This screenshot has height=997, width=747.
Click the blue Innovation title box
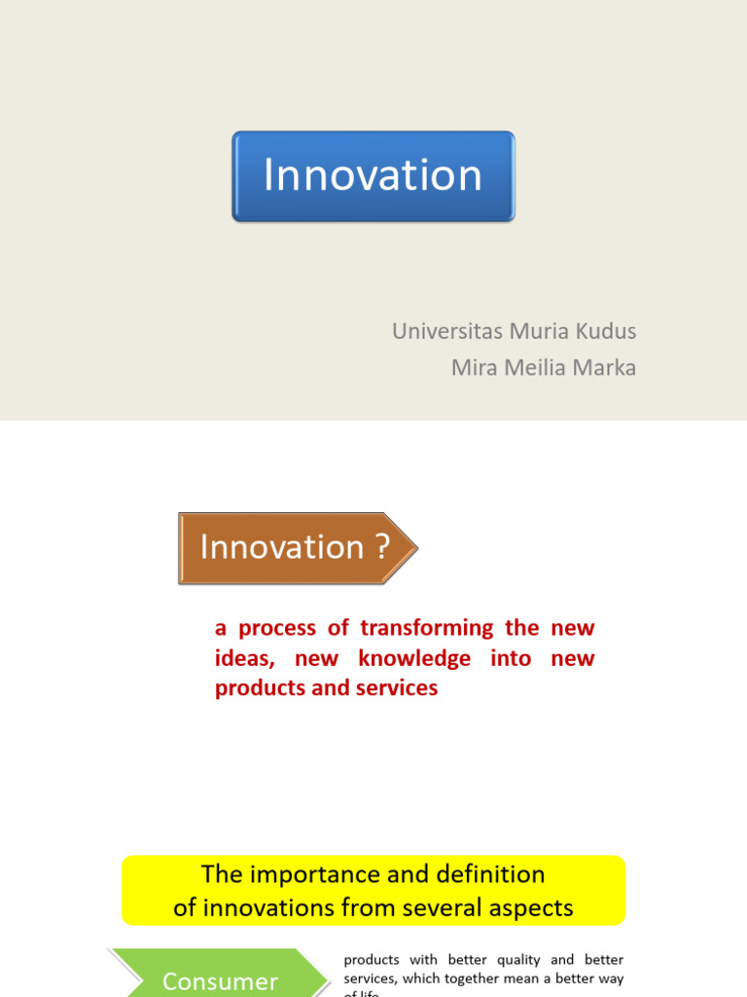click(373, 176)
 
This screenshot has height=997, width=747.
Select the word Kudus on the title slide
click(607, 331)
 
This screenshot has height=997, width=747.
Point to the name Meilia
click(537, 368)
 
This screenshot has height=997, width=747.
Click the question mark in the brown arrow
click(382, 548)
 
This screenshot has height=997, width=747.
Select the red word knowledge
click(414, 658)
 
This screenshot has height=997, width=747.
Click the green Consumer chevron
click(220, 977)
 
